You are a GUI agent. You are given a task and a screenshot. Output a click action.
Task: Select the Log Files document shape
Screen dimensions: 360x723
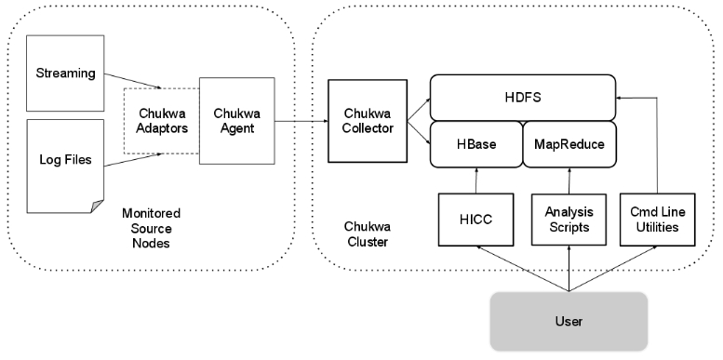pos(62,160)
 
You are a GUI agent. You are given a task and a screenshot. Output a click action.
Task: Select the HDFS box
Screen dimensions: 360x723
pos(523,96)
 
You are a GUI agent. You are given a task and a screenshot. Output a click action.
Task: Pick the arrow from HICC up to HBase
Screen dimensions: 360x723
pos(475,180)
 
